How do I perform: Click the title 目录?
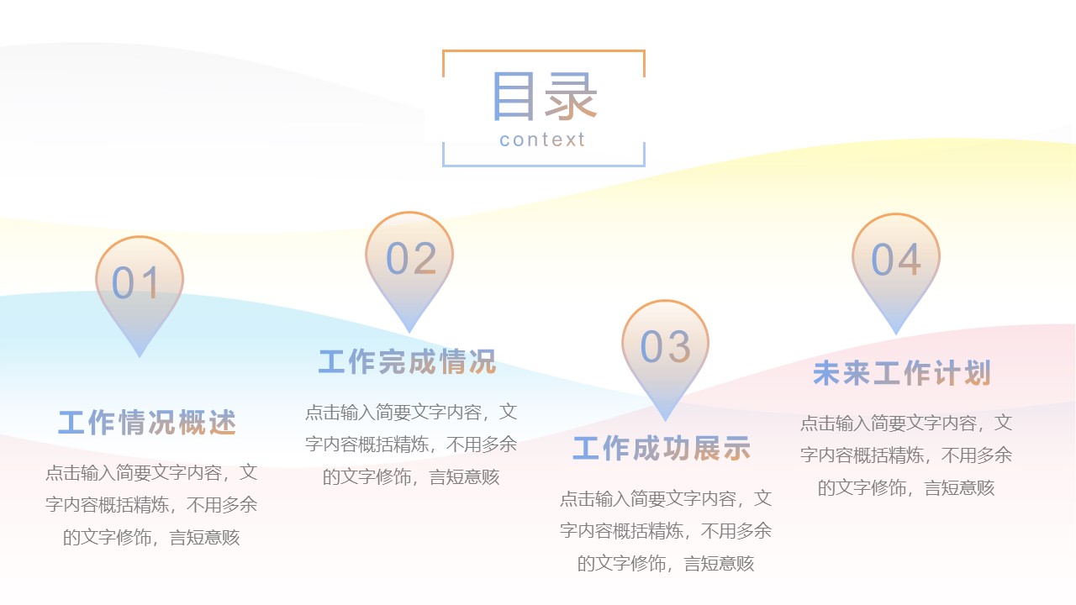click(x=543, y=96)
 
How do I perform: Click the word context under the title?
click(x=542, y=139)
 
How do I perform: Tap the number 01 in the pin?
click(x=136, y=283)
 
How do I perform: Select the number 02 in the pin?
click(x=411, y=259)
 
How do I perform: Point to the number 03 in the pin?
click(x=666, y=346)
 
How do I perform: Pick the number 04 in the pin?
click(x=896, y=260)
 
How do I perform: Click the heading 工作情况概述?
click(x=148, y=423)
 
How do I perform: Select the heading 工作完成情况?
click(x=408, y=362)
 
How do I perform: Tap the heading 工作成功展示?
click(x=662, y=449)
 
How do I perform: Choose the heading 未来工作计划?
click(x=902, y=373)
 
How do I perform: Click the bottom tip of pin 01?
click(x=140, y=356)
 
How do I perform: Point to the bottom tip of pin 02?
click(x=409, y=332)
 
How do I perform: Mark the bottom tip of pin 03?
click(x=665, y=419)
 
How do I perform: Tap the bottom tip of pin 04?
click(x=896, y=334)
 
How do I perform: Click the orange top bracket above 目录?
click(x=543, y=51)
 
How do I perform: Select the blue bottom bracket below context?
click(x=543, y=165)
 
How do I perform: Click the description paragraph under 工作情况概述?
click(x=151, y=505)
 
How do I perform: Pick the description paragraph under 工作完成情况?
click(x=411, y=445)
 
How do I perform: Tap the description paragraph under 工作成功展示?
click(x=666, y=531)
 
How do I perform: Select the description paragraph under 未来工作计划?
click(x=906, y=455)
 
